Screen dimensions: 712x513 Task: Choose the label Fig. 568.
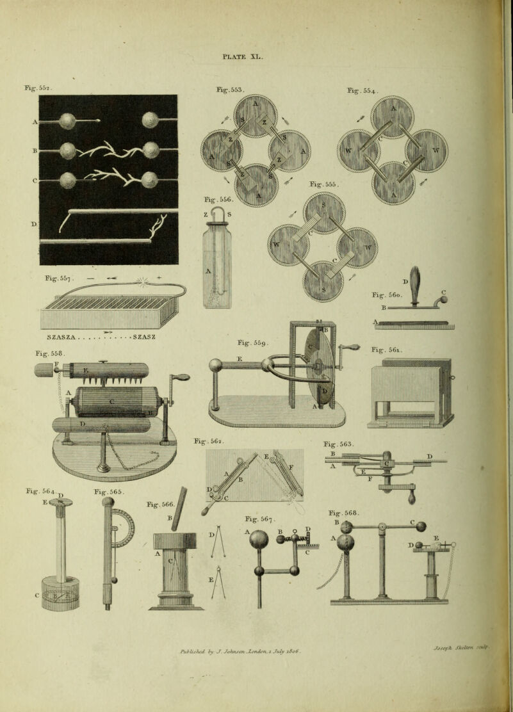pyautogui.click(x=342, y=513)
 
